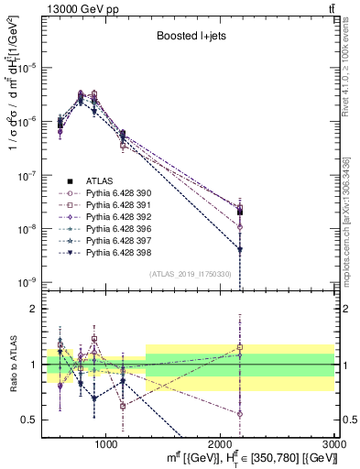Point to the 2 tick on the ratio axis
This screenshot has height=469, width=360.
point(38,309)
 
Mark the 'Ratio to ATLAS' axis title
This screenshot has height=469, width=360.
point(12,364)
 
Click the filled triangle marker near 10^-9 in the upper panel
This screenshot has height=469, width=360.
point(240,249)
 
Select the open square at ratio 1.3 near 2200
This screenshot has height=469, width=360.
point(240,347)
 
